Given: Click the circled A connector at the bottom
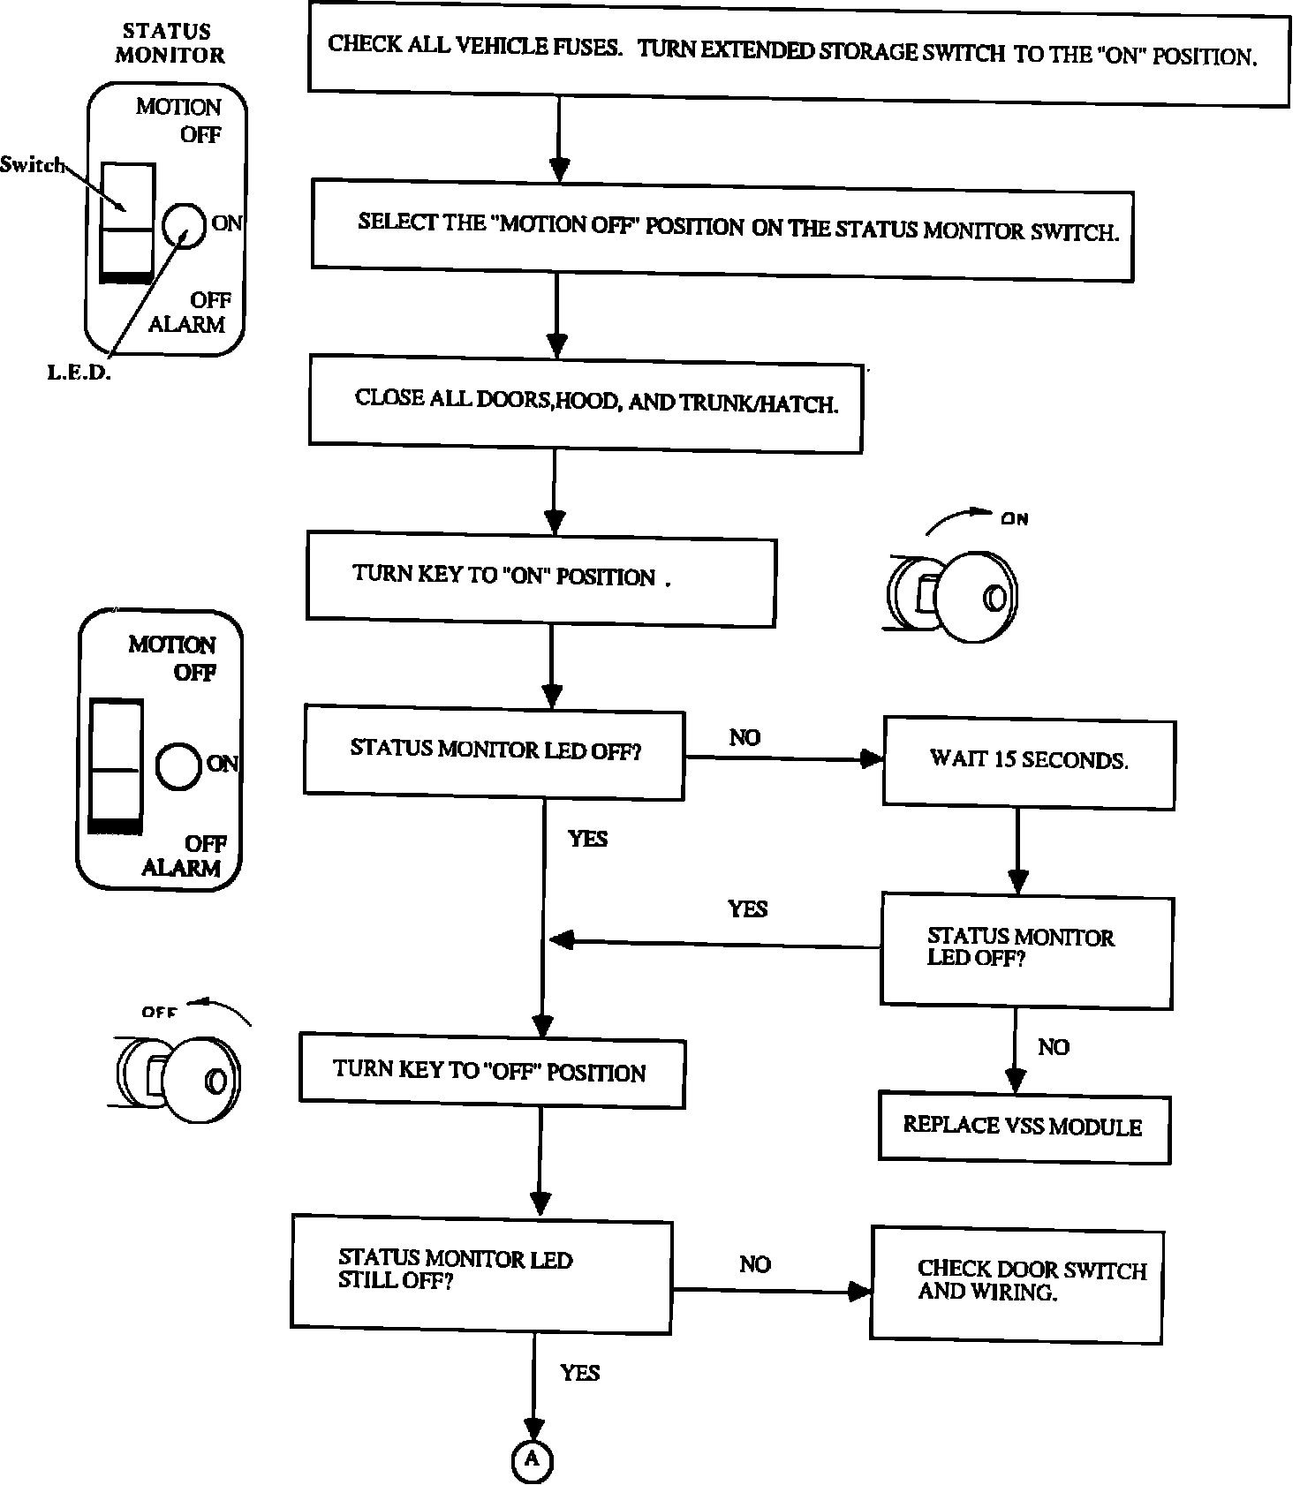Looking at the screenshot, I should pyautogui.click(x=532, y=1459).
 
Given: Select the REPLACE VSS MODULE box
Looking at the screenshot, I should pyautogui.click(x=1024, y=1127).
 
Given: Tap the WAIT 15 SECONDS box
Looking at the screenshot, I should pyautogui.click(x=1029, y=761).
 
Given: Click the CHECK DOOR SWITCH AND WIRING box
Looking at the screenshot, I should pyautogui.click(x=1017, y=1284).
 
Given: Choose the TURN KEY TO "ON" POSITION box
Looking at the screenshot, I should pyautogui.click(x=540, y=577).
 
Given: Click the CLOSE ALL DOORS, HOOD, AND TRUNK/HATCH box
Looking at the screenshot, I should pyautogui.click(x=585, y=403).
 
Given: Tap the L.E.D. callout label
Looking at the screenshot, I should pyautogui.click(x=79, y=373).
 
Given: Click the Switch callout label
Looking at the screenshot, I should pyautogui.click(x=32, y=164).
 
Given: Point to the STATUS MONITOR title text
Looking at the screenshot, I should pyautogui.click(x=169, y=43).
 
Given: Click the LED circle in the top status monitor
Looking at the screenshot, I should pyautogui.click(x=185, y=225).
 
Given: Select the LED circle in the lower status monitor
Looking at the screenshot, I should pyautogui.click(x=178, y=765).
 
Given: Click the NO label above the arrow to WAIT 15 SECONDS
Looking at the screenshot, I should pyautogui.click(x=744, y=737).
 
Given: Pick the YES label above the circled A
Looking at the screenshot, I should pyautogui.click(x=579, y=1373).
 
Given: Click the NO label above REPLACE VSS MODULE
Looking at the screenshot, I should pyautogui.click(x=1053, y=1047).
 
